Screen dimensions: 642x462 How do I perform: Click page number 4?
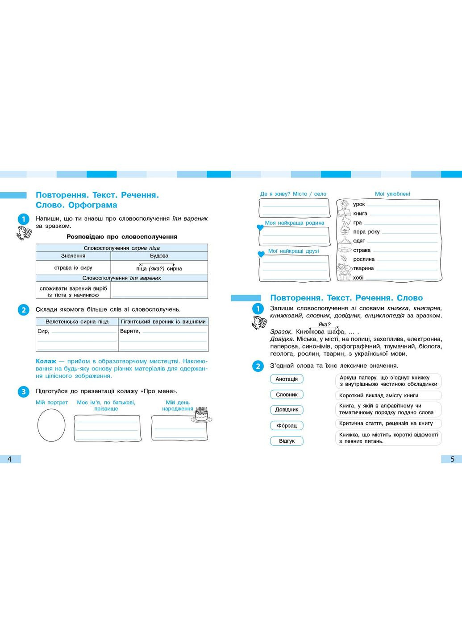pos(9,459)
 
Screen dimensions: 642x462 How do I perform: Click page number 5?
pos(452,459)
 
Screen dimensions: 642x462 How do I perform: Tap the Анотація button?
pos(287,379)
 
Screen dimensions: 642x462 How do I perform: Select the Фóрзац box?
pos(287,425)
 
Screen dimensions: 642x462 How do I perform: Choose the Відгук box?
pos(287,441)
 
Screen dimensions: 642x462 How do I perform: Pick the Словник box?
pos(287,395)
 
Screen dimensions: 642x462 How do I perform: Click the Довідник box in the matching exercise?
pos(287,410)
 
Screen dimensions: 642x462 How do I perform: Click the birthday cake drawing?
pos(202,414)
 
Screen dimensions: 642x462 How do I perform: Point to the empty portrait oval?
pos(51,425)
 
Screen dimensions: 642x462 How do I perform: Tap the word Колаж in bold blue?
pos(46,361)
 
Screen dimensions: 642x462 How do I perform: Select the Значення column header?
pos(73,256)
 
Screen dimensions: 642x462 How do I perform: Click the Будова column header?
pos(159,256)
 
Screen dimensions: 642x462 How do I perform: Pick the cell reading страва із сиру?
pos(73,268)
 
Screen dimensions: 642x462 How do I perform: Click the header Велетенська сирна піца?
pos(77,321)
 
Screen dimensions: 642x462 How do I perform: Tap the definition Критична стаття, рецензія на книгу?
pos(386,424)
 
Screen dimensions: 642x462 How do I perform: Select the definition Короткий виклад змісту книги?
pos(379,395)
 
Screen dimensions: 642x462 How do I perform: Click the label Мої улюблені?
pos(392,194)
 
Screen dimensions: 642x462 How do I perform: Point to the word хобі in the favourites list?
pos(358,278)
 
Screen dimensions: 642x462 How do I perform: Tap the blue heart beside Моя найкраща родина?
pos(260,227)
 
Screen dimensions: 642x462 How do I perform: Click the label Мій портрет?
pos(52,403)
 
